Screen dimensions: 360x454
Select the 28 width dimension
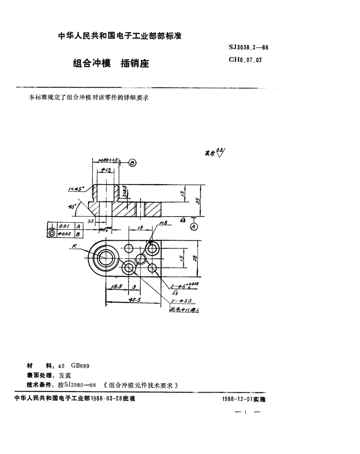click(x=195, y=258)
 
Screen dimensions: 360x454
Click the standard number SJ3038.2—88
click(x=249, y=47)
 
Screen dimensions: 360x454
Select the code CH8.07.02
click(x=245, y=60)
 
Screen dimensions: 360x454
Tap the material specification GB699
click(x=78, y=366)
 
